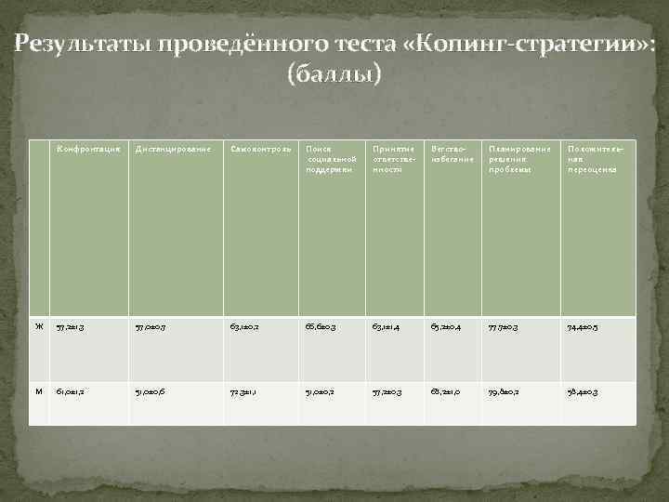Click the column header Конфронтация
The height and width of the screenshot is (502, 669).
point(88,149)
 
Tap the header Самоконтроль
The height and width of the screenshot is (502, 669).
point(262,149)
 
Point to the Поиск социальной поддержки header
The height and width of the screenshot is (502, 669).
point(330,159)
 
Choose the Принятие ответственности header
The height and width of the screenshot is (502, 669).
point(390,159)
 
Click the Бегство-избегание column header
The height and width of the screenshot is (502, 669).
point(453,153)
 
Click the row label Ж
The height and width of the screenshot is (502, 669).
point(39,326)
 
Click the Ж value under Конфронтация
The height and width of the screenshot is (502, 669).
point(71,326)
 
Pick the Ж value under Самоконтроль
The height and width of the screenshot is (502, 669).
point(246,326)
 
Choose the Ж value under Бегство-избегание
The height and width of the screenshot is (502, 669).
point(443,326)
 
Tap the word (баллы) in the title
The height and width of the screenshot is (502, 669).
point(334,74)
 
